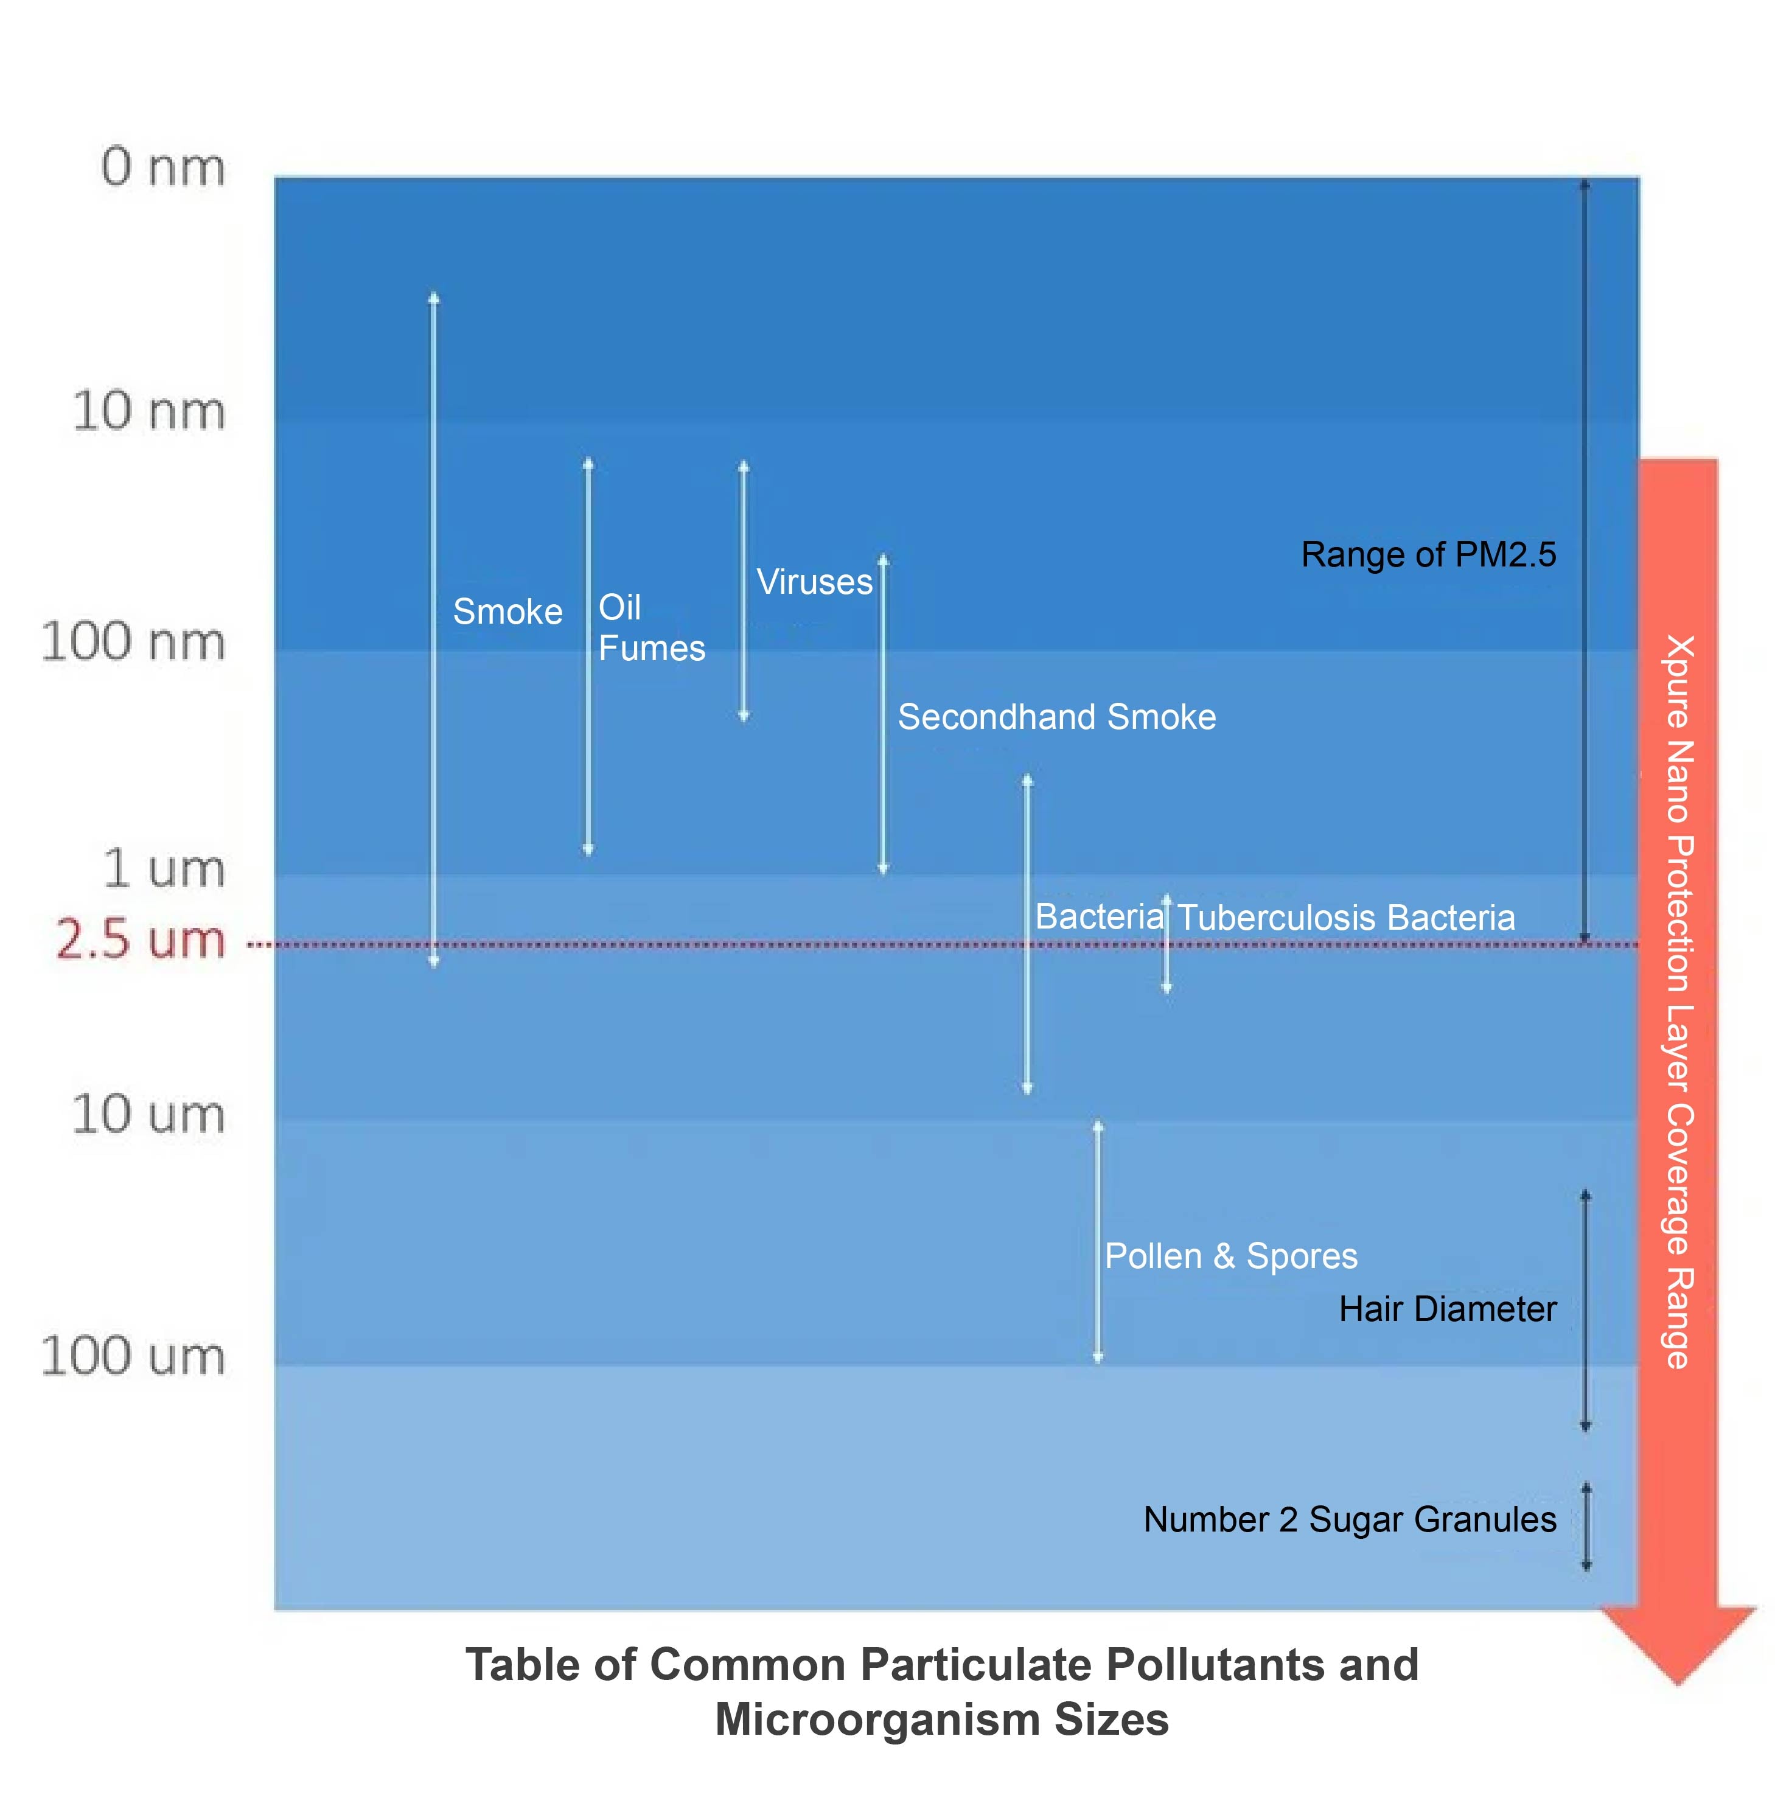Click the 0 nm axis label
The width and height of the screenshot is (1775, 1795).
pos(164,168)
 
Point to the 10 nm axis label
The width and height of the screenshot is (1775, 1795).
pos(148,411)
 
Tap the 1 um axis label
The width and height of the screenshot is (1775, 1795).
pos(164,870)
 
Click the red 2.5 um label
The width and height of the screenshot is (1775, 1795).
pos(141,939)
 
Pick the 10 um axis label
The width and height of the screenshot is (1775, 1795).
pos(148,1114)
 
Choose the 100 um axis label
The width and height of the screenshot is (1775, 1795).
pos(133,1356)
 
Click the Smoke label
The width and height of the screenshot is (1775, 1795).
pos(507,612)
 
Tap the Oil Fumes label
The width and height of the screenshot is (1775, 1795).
pos(650,628)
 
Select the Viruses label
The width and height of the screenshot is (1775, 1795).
pos(814,582)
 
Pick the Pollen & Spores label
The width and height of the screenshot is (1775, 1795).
pos(1230,1256)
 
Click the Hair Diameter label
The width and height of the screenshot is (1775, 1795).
pos(1447,1309)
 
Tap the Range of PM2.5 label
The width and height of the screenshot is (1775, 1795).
pos(1428,555)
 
